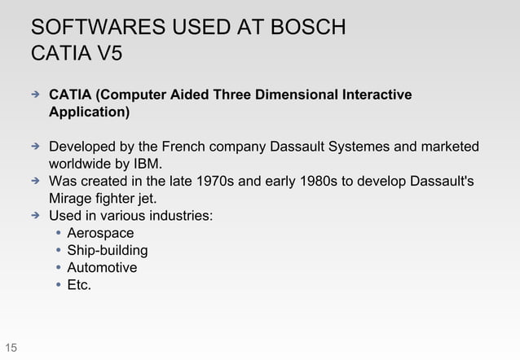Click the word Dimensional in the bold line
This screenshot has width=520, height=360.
pos(298,96)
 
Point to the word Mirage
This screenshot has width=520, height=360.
pos(73,198)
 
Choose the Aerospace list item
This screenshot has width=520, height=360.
pos(100,234)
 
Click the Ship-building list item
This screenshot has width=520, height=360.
pos(107,250)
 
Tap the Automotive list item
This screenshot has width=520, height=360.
pos(102,267)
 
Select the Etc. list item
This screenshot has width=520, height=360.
pos(79,284)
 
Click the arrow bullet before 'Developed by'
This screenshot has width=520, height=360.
pos(35,147)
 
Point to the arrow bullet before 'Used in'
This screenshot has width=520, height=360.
pos(35,216)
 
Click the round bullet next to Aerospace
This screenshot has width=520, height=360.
pos(58,234)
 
